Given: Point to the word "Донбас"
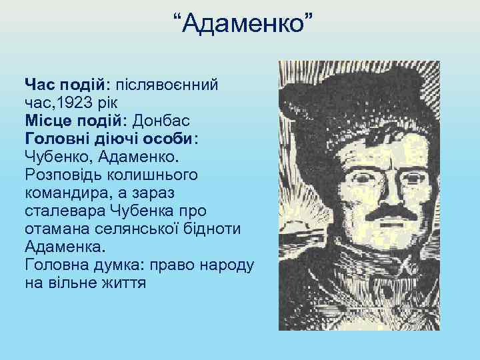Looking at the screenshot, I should coord(161,121).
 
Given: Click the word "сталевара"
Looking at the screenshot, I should coord(62,211).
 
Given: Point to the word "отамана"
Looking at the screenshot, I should coord(57,229).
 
